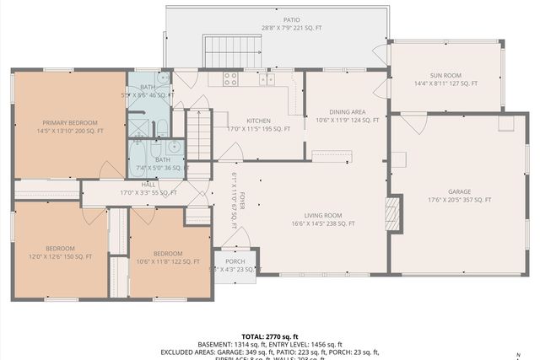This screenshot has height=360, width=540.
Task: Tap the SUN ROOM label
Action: [445, 73]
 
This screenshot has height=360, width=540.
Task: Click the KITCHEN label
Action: [258, 121]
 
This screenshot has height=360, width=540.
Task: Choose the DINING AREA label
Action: [347, 111]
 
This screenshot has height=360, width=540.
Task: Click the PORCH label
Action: [235, 261]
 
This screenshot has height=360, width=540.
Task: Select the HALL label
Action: [148, 184]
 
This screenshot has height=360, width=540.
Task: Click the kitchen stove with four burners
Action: [230, 78]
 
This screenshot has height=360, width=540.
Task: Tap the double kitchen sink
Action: [267, 79]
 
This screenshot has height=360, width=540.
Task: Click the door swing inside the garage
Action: [413, 123]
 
